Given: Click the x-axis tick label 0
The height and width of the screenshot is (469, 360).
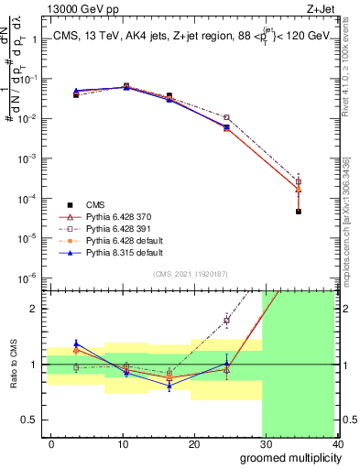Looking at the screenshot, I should pyautogui.click(x=51, y=443).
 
